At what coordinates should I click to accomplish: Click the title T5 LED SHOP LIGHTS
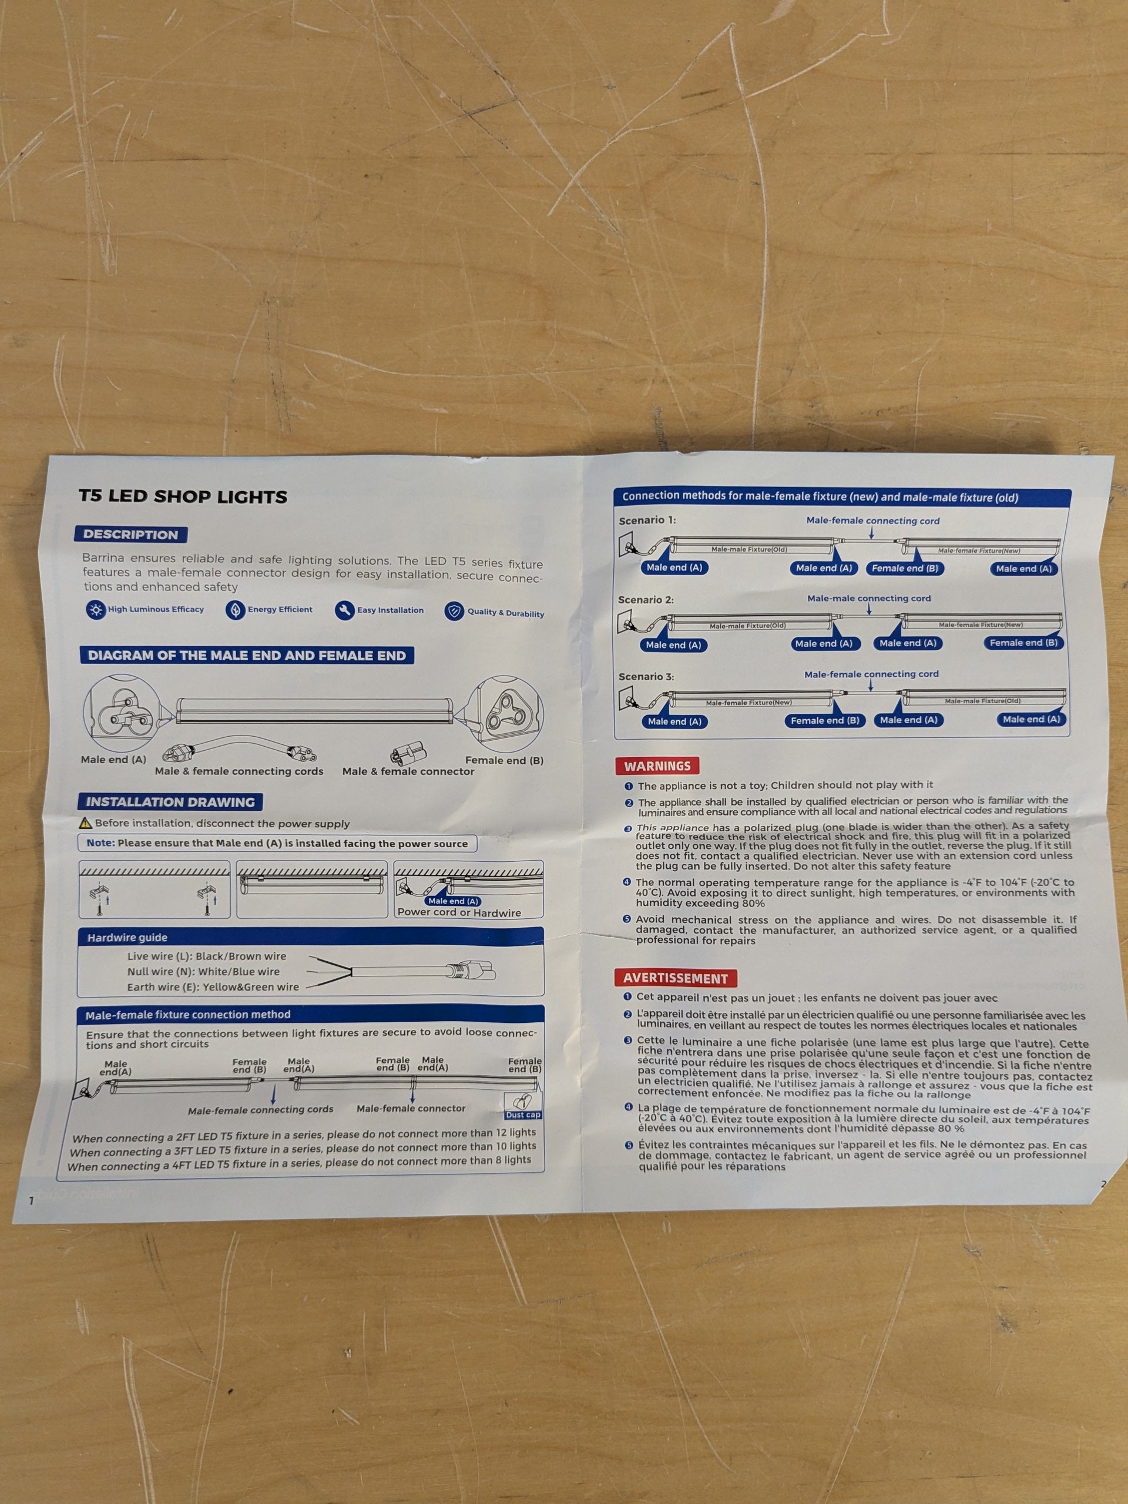(183, 496)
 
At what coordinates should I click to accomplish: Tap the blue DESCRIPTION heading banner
(130, 535)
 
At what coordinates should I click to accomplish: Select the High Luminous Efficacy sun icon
(96, 609)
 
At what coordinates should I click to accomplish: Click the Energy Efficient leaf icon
(235, 610)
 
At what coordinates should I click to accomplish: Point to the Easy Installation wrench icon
(345, 610)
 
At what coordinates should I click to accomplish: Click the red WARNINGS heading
(657, 766)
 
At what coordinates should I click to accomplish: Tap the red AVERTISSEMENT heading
(675, 978)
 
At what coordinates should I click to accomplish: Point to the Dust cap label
(523, 1115)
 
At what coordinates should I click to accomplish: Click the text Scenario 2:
(646, 600)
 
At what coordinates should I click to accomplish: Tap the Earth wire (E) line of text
(213, 987)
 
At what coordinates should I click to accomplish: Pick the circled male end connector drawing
(122, 713)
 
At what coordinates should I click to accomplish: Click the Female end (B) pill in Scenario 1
(905, 569)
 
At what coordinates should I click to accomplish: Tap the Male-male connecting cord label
(869, 598)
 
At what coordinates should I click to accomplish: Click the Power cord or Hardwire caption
(459, 912)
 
